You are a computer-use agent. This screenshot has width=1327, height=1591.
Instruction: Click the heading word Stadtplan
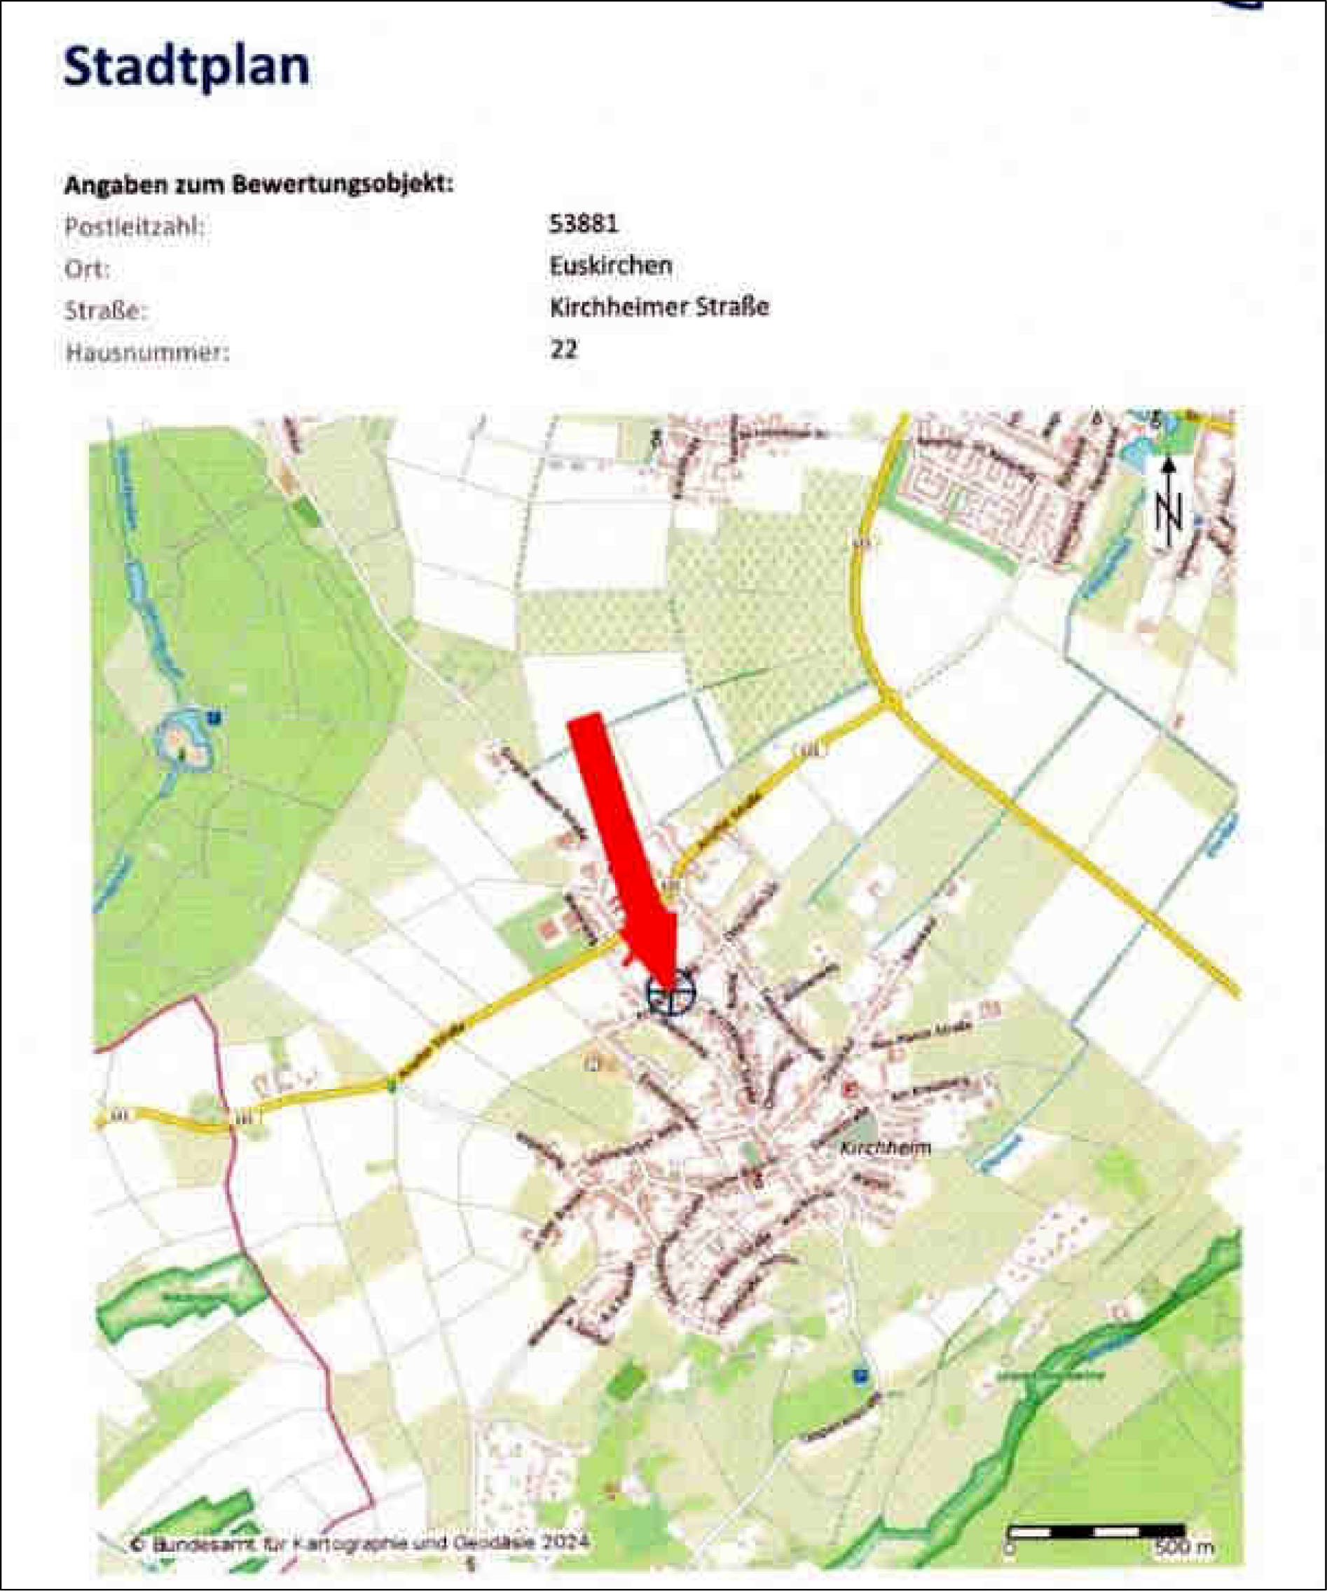(x=186, y=67)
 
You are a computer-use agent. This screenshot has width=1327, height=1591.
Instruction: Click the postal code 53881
(x=583, y=224)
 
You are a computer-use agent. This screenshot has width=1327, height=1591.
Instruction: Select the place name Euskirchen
(x=610, y=265)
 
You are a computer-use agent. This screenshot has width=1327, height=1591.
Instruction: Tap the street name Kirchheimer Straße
(x=659, y=307)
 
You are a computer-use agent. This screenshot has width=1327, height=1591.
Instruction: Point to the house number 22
(x=563, y=349)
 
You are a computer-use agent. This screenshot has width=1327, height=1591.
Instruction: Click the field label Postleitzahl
(x=135, y=226)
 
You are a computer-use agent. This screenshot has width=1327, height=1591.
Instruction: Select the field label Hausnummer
(x=146, y=353)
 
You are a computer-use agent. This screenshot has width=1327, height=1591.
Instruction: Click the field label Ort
(x=87, y=269)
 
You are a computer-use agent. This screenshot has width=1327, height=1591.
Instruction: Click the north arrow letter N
(x=1169, y=514)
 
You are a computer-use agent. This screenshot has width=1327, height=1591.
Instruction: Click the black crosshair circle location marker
(x=671, y=992)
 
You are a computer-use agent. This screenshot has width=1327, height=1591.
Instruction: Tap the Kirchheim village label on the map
(x=885, y=1148)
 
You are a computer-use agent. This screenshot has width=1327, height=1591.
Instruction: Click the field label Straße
(x=106, y=311)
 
